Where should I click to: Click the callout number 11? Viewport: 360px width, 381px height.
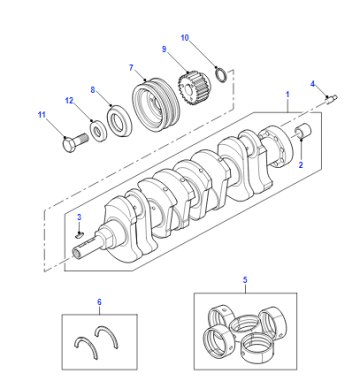click(41, 115)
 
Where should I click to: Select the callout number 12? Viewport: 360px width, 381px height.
click(69, 100)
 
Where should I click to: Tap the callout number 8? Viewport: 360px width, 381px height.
click(93, 90)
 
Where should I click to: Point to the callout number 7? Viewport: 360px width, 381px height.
click(131, 68)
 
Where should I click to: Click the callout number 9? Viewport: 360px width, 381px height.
click(164, 49)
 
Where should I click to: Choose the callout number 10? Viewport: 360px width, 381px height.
click(185, 38)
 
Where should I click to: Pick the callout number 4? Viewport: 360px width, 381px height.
click(313, 84)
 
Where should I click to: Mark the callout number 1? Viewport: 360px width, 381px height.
click(288, 95)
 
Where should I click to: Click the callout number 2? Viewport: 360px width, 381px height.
click(301, 165)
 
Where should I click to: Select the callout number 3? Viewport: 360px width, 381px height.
click(79, 217)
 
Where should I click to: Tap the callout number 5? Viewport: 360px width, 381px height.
click(245, 280)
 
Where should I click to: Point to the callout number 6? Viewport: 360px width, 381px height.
click(99, 302)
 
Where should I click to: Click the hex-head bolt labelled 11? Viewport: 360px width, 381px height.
click(75, 143)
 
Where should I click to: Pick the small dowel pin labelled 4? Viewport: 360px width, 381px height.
click(332, 99)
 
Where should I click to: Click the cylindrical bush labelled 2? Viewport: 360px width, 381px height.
click(303, 131)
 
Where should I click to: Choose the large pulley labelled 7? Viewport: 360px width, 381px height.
click(157, 105)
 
